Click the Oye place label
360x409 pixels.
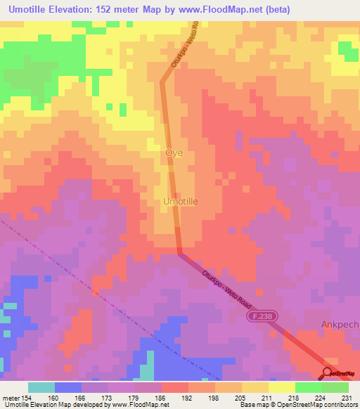coord(173,152)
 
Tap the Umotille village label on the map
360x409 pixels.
coord(181,201)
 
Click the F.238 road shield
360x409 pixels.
coord(260,318)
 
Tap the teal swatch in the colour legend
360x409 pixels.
coord(41,387)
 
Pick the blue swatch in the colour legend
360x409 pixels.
coord(68,387)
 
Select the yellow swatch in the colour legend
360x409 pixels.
coord(281,387)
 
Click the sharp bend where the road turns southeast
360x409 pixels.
coord(179,252)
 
